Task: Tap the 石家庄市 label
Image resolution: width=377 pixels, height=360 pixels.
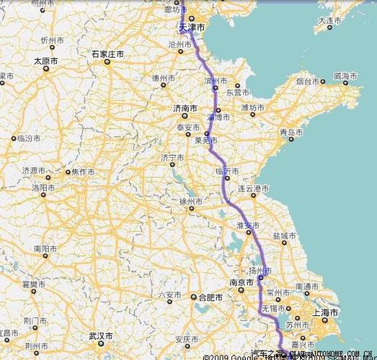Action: [107, 54]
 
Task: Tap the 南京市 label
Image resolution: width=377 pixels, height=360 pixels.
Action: [240, 283]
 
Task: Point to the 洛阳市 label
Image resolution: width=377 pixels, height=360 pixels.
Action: [43, 187]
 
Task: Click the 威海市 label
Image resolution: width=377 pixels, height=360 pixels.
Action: [346, 76]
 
